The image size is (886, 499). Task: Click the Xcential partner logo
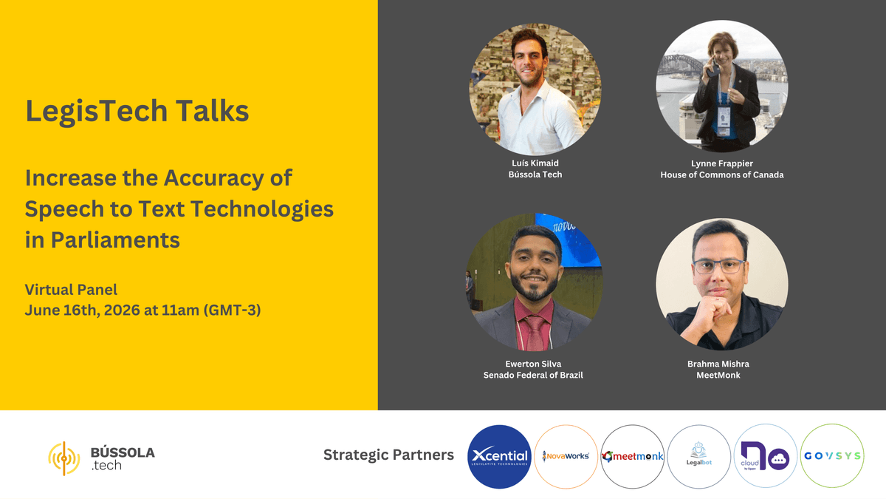point(499,457)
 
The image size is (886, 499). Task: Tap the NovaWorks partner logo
point(566,457)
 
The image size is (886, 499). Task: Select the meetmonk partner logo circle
point(633,457)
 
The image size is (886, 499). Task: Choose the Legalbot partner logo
point(699,457)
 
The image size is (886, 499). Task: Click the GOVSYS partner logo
point(832,456)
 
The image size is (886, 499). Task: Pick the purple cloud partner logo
point(766,456)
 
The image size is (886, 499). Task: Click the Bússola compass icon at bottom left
point(64,458)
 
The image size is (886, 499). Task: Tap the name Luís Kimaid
point(535,163)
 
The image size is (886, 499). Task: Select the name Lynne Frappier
point(722,163)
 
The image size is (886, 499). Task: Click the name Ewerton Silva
point(533,364)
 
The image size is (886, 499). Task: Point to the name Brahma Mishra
point(718,364)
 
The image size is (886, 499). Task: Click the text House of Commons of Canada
point(722,174)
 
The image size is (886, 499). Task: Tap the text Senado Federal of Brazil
point(533,375)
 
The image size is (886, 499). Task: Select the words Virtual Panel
point(71,290)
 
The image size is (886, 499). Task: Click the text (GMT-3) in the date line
point(232,310)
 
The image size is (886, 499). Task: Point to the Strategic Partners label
point(388,455)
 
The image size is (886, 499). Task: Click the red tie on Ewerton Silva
point(535,333)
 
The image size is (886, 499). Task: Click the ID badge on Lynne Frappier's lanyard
point(724,120)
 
